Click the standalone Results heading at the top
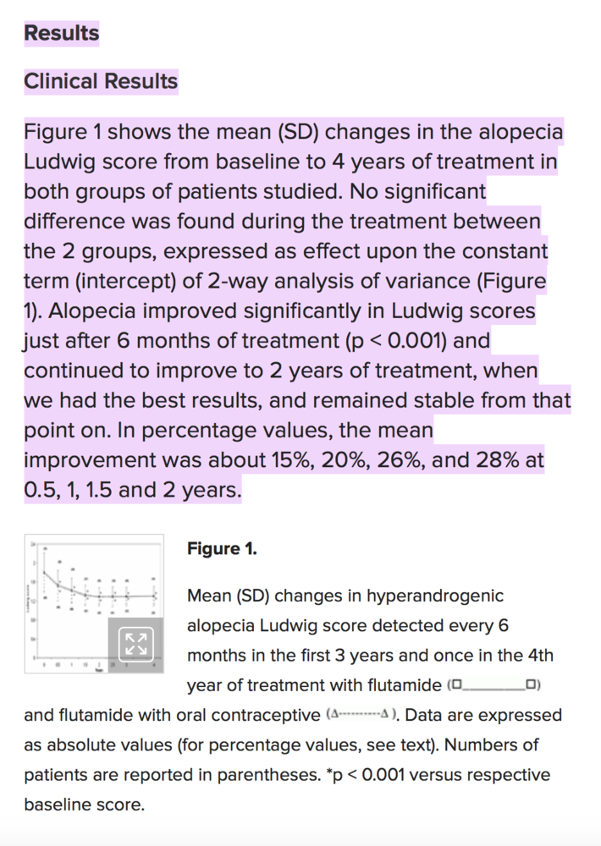pos(62,33)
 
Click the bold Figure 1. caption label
pos(222,549)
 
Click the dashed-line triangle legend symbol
pos(361,715)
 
